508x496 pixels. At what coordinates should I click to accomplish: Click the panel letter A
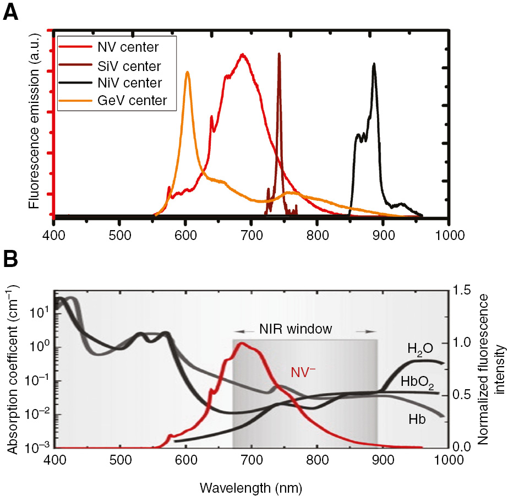click(11, 12)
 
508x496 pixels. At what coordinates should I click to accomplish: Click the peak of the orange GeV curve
click(188, 72)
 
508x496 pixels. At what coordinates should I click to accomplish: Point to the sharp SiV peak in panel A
click(279, 54)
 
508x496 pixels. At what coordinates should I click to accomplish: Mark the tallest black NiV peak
click(374, 64)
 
